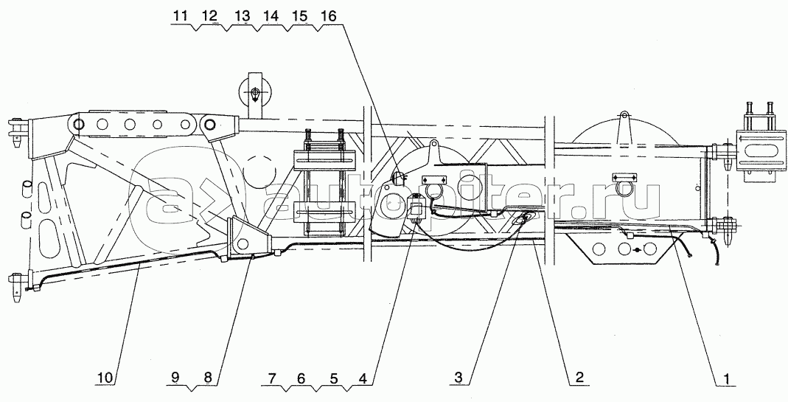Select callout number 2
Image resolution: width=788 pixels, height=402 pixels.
point(579,378)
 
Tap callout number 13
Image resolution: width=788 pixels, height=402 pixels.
point(242,15)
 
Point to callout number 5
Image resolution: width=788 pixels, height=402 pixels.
point(334,378)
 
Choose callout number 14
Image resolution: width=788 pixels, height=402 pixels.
point(271,15)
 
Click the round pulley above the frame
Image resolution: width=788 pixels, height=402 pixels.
point(255,94)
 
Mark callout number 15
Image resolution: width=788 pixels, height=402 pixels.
point(299,15)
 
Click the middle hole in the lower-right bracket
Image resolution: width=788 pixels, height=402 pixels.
point(624,249)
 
